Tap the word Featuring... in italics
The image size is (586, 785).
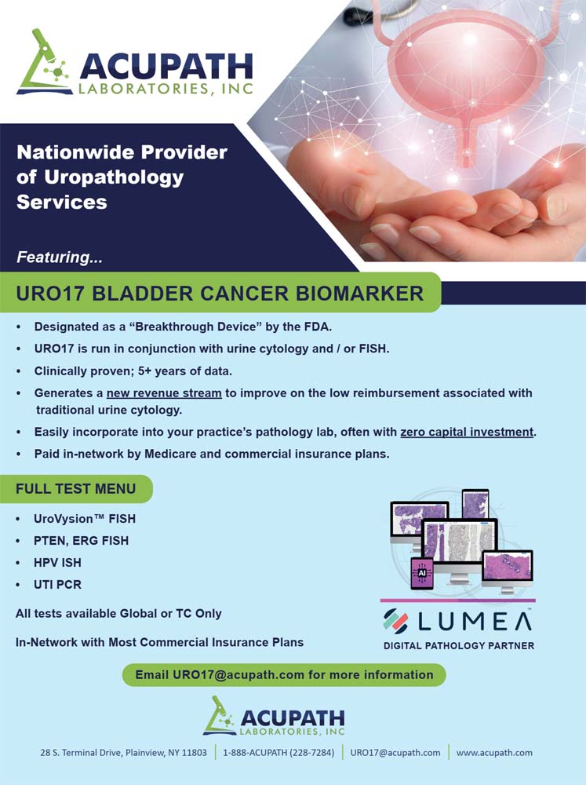tap(60, 257)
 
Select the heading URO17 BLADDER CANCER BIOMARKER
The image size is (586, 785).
tap(220, 294)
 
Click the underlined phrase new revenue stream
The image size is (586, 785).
tap(164, 393)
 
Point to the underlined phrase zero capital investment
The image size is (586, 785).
tap(467, 432)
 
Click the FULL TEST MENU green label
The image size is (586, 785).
tap(75, 488)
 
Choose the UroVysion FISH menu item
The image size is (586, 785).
tap(85, 519)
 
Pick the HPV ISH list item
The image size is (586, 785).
tap(57, 563)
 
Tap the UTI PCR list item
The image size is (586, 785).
tap(57, 585)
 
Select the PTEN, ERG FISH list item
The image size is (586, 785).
tap(81, 541)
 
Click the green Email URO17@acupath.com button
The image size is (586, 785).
tap(284, 675)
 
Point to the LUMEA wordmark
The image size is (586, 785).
tap(457, 621)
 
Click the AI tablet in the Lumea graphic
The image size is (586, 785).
tap(421, 573)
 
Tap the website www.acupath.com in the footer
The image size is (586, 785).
tap(494, 753)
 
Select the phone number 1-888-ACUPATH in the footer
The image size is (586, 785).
tap(278, 753)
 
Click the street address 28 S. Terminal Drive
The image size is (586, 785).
tap(124, 753)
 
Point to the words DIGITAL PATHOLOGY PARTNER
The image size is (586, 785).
tap(459, 646)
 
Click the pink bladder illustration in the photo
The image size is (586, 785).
tap(465, 80)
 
